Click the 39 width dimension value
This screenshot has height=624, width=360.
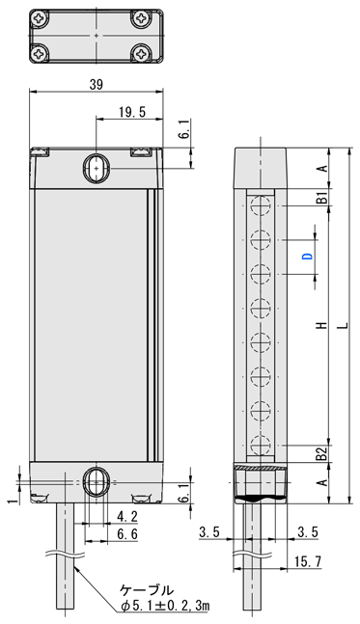(x=96, y=84)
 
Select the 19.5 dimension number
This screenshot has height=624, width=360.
(x=132, y=112)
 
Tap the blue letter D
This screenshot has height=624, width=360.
(x=308, y=257)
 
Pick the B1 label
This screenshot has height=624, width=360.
(x=322, y=198)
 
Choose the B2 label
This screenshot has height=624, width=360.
(x=322, y=453)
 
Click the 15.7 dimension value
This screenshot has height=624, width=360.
(x=308, y=561)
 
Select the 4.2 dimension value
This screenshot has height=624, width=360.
(x=127, y=517)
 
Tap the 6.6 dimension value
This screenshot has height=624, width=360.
(x=127, y=534)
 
